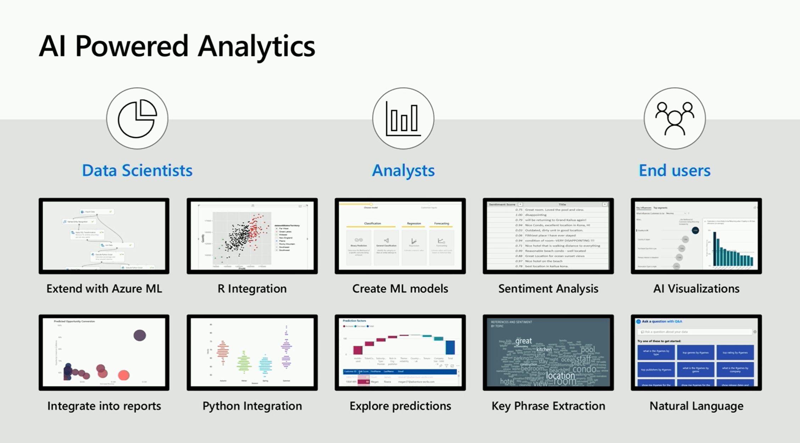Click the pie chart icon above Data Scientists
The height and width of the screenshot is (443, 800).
click(137, 118)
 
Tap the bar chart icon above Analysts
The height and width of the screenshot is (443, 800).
click(403, 118)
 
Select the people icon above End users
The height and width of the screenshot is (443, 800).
click(674, 118)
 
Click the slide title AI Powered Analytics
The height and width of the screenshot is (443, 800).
click(177, 46)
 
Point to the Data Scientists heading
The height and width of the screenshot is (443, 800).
click(137, 170)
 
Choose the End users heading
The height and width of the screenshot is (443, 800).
click(674, 170)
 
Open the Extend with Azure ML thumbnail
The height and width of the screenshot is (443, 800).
click(104, 236)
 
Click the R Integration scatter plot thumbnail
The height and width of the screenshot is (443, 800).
click(252, 236)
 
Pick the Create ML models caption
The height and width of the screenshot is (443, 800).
click(400, 289)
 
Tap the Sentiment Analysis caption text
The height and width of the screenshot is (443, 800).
click(548, 289)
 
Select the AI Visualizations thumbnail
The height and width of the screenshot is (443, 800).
click(696, 236)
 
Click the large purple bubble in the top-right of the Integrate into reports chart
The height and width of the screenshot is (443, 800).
click(140, 335)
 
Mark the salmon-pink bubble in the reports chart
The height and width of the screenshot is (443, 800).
click(124, 375)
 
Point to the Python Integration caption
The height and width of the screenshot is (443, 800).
click(252, 406)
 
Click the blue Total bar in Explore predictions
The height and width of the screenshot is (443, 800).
click(450, 347)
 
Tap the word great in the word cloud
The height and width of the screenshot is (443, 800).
click(523, 341)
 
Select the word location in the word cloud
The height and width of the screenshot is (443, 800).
click(560, 375)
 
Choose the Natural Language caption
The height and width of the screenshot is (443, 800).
click(696, 406)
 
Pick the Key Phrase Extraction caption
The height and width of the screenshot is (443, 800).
click(548, 406)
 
